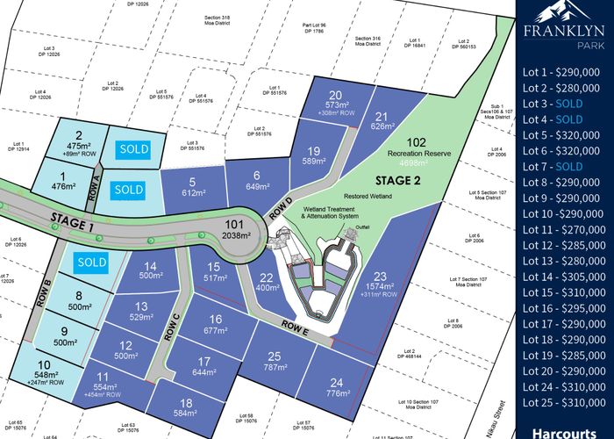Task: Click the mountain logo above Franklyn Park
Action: tap(564, 13)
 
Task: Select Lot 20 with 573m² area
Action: tap(333, 101)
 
